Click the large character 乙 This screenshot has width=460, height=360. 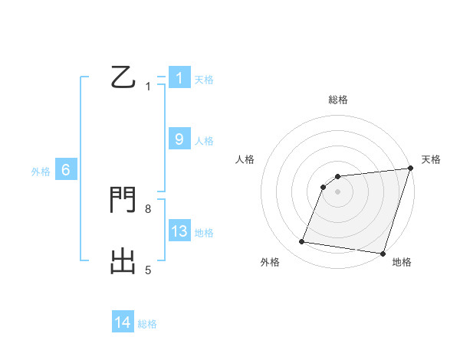click(x=123, y=78)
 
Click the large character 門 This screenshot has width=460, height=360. click(x=123, y=200)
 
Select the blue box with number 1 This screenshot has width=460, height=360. click(x=179, y=78)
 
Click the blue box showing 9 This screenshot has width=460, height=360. click(x=179, y=139)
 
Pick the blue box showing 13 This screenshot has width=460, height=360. click(x=179, y=231)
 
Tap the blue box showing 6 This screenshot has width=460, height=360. click(x=66, y=171)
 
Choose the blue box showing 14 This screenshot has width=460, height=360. click(x=123, y=322)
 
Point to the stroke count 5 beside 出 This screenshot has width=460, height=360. click(x=148, y=270)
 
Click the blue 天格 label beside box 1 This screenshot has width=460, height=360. click(x=204, y=80)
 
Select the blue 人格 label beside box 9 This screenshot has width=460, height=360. click(x=204, y=141)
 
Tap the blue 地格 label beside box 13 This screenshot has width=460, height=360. click(x=204, y=233)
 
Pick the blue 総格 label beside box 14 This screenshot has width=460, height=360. click(x=147, y=324)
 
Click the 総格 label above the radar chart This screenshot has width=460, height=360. click(x=337, y=100)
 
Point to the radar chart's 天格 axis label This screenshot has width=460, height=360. click(x=431, y=159)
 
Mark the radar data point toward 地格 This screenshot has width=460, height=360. click(x=382, y=253)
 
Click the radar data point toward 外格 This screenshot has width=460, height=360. click(x=302, y=242)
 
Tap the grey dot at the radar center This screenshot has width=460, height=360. click(x=337, y=191)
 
